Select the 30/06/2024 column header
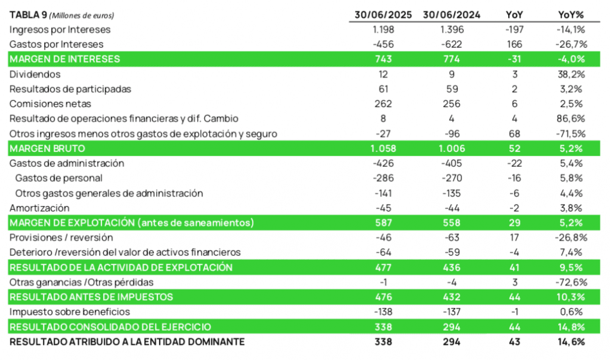(x=452, y=15)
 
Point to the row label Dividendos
(x=35, y=75)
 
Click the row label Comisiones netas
(x=46, y=104)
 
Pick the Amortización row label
(x=40, y=208)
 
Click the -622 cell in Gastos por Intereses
(x=452, y=45)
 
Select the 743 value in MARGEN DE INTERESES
(x=383, y=60)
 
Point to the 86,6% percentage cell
(x=571, y=119)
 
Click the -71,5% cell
(x=571, y=134)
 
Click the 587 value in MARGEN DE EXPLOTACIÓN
(x=383, y=223)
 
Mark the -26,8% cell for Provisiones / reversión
(x=571, y=237)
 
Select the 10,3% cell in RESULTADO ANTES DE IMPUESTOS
(x=571, y=297)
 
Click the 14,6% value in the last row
(x=571, y=342)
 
